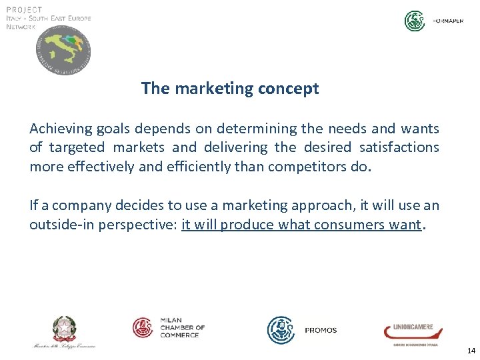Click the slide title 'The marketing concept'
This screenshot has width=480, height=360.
click(230, 89)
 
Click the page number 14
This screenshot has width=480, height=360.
click(471, 351)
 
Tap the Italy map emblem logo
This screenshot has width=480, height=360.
click(63, 52)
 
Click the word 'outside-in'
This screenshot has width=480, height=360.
click(62, 225)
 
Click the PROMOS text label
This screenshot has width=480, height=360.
click(321, 331)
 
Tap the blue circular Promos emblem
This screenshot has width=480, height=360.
click(281, 330)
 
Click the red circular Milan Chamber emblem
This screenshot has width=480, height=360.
click(143, 327)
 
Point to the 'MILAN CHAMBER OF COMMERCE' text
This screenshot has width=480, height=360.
click(182, 327)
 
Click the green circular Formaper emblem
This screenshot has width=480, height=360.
click(415, 21)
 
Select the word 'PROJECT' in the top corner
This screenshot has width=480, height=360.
click(25, 10)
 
